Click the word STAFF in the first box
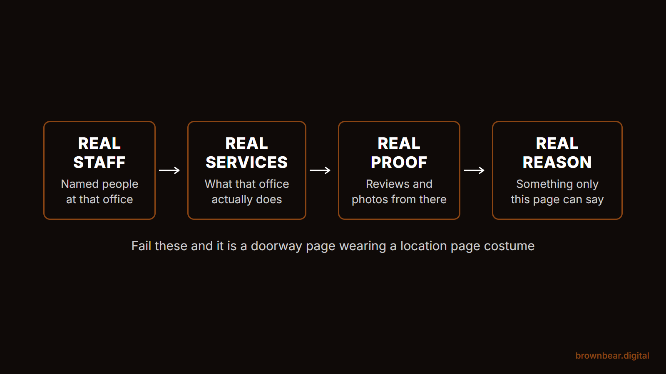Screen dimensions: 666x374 click(99, 162)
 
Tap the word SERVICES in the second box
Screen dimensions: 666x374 click(247, 162)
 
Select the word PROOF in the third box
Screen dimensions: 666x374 click(399, 162)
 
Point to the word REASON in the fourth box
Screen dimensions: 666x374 click(557, 162)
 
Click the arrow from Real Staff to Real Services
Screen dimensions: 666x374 click(169, 170)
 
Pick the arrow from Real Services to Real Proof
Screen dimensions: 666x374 click(320, 170)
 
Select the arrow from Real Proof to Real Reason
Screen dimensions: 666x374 click(474, 170)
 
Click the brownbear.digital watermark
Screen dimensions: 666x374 click(612, 356)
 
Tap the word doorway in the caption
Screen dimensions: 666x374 click(276, 246)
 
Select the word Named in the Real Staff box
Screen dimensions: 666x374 click(80, 184)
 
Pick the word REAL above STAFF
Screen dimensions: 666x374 click(99, 143)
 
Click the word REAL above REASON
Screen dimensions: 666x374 click(557, 143)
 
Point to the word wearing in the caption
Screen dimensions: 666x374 click(363, 246)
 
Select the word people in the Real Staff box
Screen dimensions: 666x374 click(120, 185)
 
